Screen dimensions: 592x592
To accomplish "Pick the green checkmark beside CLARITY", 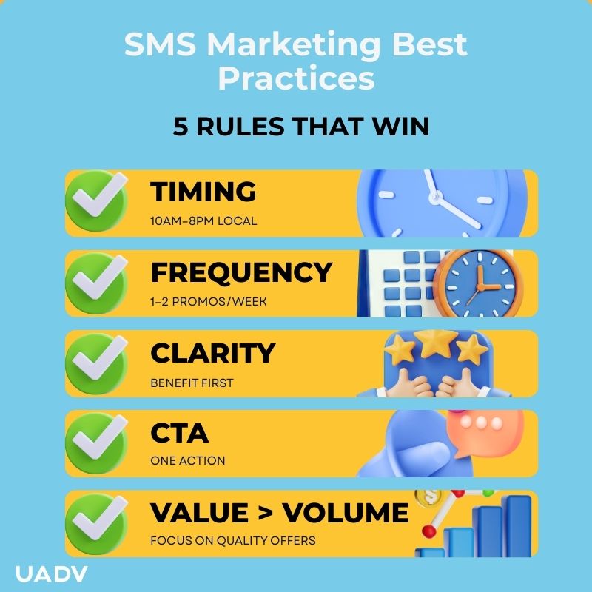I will click(x=97, y=363).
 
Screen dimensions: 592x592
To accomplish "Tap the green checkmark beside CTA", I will click(x=97, y=443).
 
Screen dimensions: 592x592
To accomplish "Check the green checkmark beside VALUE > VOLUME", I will click(x=97, y=523).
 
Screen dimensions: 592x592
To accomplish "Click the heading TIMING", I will click(x=203, y=192).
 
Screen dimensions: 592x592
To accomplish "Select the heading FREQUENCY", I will click(x=241, y=272).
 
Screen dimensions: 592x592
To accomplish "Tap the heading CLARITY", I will click(x=212, y=353).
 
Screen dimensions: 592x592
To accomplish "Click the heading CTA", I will click(x=179, y=432).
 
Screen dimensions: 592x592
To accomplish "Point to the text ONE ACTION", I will click(x=187, y=461).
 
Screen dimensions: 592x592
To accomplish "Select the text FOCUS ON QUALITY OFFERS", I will click(x=232, y=540).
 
